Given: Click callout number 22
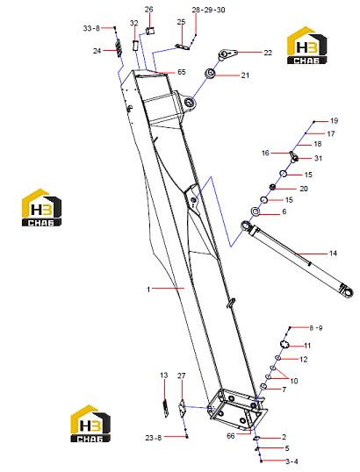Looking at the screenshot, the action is click(268, 53).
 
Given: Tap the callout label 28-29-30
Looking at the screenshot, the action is click(208, 10).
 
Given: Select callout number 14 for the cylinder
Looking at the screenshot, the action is click(333, 254).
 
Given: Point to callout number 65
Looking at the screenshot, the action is click(182, 72).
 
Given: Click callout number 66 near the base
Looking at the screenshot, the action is click(231, 436).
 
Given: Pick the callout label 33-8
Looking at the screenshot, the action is click(91, 28).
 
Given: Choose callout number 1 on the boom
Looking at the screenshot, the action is click(148, 290).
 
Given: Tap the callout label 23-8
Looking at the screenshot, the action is click(154, 438).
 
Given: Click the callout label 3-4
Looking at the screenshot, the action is click(292, 461).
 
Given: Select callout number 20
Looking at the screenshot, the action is click(304, 189).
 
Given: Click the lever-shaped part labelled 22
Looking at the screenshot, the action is click(227, 54).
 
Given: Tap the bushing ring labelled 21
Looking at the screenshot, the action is click(209, 73).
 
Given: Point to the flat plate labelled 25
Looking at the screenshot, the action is click(183, 46).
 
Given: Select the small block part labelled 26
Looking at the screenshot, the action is click(150, 31).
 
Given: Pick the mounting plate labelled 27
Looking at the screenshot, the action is click(182, 408).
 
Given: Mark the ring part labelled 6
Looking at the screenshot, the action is click(256, 211).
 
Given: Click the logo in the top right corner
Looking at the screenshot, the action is click(306, 46).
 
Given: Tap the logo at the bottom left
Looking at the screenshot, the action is click(90, 424).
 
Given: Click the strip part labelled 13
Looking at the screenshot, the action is click(164, 408).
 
